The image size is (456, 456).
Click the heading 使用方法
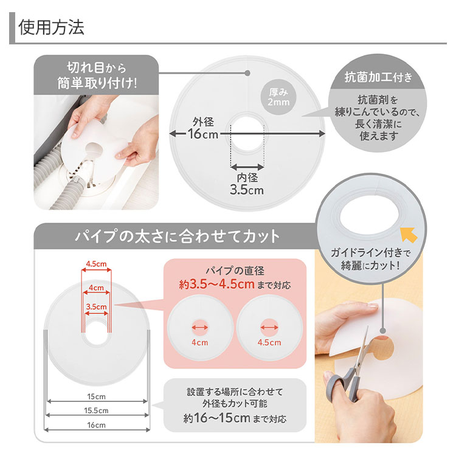[x=51, y=27]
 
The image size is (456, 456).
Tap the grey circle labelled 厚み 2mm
[x=278, y=97]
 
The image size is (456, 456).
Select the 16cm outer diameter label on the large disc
[x=202, y=134]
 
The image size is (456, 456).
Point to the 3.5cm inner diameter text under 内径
[x=247, y=190]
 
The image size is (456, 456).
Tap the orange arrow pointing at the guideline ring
[x=409, y=235]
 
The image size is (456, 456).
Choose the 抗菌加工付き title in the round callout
[x=378, y=77]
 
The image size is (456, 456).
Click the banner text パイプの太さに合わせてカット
[x=177, y=236]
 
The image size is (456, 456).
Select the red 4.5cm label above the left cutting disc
[x=96, y=264]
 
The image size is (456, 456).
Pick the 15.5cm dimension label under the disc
[x=96, y=410]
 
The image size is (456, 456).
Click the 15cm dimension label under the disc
[x=96, y=396]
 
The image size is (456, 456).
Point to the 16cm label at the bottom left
[x=96, y=425]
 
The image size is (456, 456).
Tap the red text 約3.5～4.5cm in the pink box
[x=216, y=284]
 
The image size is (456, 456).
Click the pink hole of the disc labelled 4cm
[x=200, y=328]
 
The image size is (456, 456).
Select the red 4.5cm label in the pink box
[x=269, y=342]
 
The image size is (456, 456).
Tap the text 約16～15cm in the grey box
[x=216, y=418]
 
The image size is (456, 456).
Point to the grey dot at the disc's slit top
[x=247, y=73]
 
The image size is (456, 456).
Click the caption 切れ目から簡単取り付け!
[x=97, y=75]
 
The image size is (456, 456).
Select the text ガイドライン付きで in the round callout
[x=370, y=252]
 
